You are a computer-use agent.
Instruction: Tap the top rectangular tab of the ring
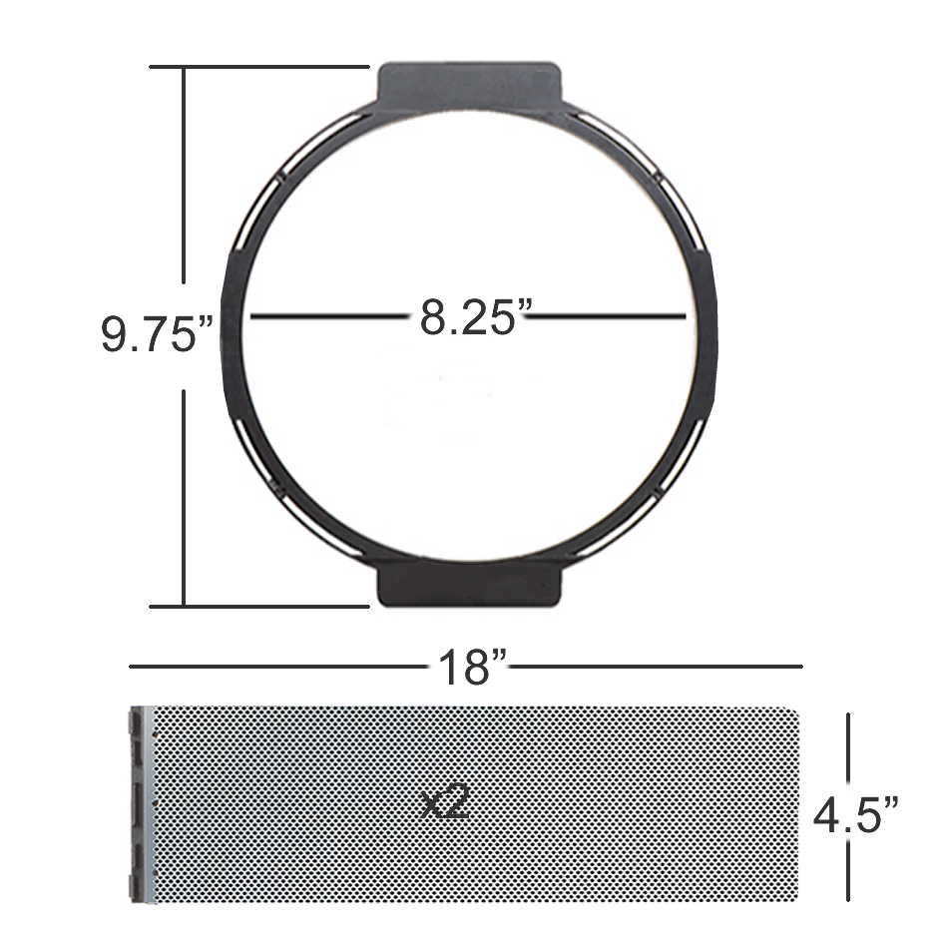point(469,84)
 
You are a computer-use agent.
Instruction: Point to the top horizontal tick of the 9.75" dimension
point(259,67)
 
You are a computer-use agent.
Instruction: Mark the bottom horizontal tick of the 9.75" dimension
point(259,605)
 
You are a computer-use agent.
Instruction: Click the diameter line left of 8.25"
point(329,317)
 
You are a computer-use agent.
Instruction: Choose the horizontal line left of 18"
point(279,666)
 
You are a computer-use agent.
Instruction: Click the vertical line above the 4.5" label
point(848,748)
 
